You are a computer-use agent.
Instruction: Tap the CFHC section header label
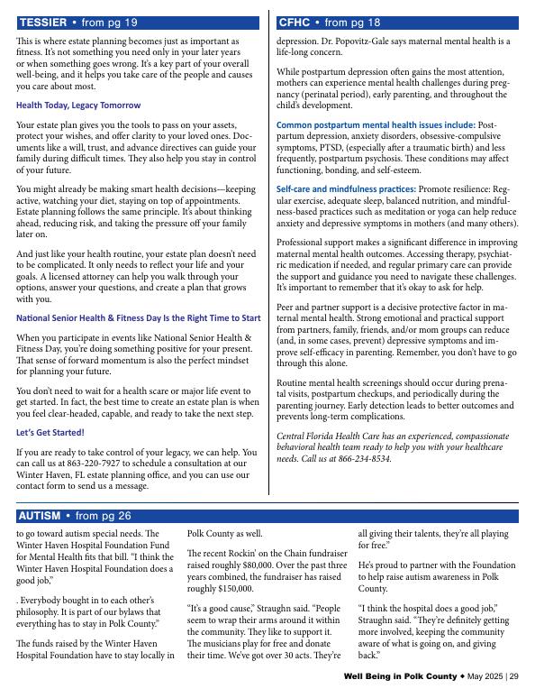pyautogui.click(x=295, y=23)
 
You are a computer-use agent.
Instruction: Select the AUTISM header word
pyautogui.click(x=40, y=516)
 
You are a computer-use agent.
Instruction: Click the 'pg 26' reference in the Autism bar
pyautogui.click(x=115, y=516)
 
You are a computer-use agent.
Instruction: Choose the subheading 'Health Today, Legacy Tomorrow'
pyautogui.click(x=78, y=106)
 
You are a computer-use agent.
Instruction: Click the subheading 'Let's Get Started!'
pyautogui.click(x=50, y=432)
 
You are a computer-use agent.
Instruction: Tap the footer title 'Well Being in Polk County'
pyautogui.click(x=400, y=677)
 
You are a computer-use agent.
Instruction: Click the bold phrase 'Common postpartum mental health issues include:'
pyautogui.click(x=376, y=124)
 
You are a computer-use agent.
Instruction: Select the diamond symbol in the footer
pyautogui.click(x=462, y=677)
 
